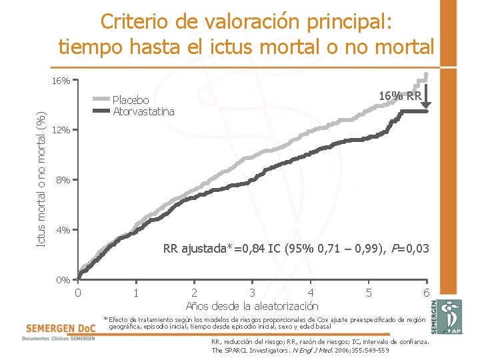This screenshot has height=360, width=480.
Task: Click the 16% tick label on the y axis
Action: [x=61, y=81]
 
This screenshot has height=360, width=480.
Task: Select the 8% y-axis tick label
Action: [x=63, y=180]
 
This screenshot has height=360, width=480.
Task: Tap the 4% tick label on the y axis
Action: [x=63, y=230]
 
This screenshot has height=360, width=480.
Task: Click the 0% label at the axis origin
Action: [x=63, y=280]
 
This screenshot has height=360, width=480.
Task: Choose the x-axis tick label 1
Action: [x=135, y=293]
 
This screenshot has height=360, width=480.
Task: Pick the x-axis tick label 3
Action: [x=252, y=293]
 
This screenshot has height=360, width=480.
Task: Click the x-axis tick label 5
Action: [x=369, y=293]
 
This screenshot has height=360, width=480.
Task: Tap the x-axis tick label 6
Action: [x=426, y=293]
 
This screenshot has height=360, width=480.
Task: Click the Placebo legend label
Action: [x=131, y=101]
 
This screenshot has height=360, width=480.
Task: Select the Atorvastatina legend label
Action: [x=143, y=111]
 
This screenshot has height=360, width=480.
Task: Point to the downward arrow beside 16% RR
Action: [x=428, y=93]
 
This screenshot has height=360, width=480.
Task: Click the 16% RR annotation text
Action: [x=400, y=96]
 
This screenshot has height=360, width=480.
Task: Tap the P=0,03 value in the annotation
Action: [x=405, y=249]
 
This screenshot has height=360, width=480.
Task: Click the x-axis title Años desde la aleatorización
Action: [x=252, y=306]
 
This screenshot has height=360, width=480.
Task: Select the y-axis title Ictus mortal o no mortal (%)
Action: [x=41, y=179]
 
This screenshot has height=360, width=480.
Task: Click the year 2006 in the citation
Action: [x=343, y=350]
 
